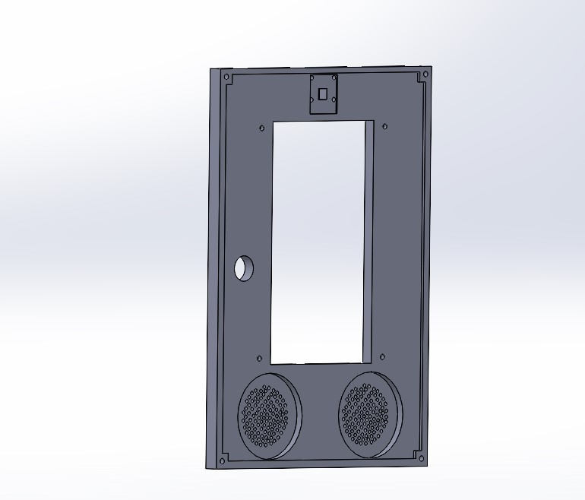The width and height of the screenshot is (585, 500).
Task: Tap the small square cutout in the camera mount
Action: point(322,94)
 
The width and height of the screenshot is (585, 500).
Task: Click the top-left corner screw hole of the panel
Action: point(226,76)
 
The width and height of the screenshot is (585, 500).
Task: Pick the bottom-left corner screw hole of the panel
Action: point(221,460)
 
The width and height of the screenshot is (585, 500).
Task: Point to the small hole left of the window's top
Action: point(262,127)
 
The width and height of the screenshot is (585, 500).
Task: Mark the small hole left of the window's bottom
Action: point(259,358)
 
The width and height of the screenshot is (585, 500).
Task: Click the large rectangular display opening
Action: point(318,239)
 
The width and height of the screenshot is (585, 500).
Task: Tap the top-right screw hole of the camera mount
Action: point(334,78)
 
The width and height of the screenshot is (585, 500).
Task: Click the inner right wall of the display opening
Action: point(369,239)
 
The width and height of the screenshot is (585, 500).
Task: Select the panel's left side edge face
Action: point(214,266)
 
